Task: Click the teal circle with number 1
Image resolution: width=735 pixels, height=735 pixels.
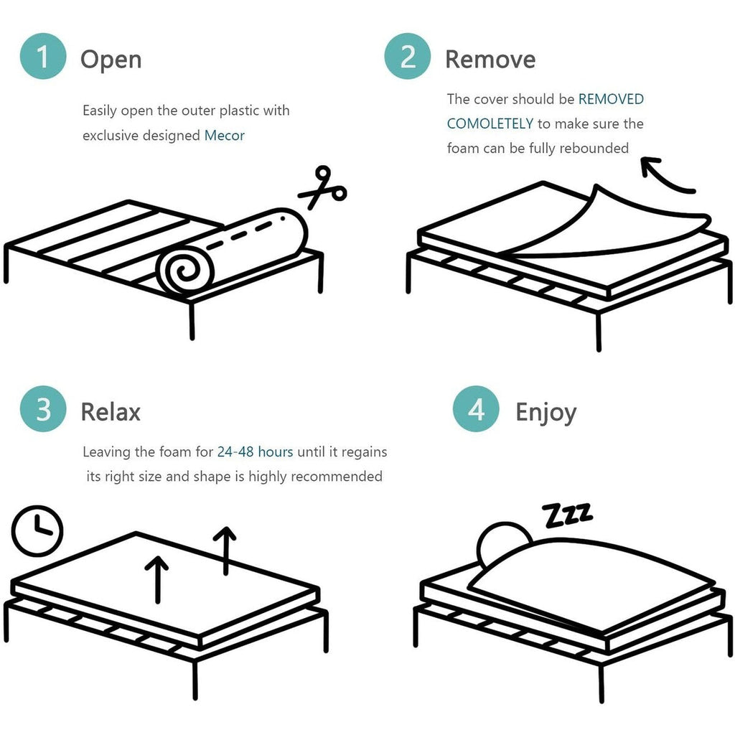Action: pyautogui.click(x=43, y=57)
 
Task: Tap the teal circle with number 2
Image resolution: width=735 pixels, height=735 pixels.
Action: pyautogui.click(x=408, y=57)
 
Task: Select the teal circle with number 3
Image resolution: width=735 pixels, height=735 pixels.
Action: pyautogui.click(x=43, y=410)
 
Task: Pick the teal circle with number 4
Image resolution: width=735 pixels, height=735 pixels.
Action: pyautogui.click(x=476, y=411)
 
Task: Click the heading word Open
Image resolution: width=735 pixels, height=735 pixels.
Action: pyautogui.click(x=111, y=59)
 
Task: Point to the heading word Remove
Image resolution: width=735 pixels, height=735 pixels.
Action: pyautogui.click(x=490, y=59)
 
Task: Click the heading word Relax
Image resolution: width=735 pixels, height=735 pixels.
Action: pyautogui.click(x=111, y=412)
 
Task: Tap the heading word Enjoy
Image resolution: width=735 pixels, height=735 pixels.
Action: pyautogui.click(x=546, y=413)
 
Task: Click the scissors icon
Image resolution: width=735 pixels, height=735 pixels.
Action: pyautogui.click(x=322, y=188)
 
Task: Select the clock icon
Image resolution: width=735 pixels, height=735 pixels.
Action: pyautogui.click(x=37, y=531)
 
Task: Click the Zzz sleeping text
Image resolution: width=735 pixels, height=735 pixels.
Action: pyautogui.click(x=568, y=514)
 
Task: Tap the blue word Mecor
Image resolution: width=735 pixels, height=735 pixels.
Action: pyautogui.click(x=225, y=136)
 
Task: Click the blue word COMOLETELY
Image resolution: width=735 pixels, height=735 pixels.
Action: pyautogui.click(x=490, y=123)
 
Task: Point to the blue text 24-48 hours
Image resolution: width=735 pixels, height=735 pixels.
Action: pyautogui.click(x=255, y=452)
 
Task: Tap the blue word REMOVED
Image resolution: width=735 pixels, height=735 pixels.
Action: pyautogui.click(x=611, y=99)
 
